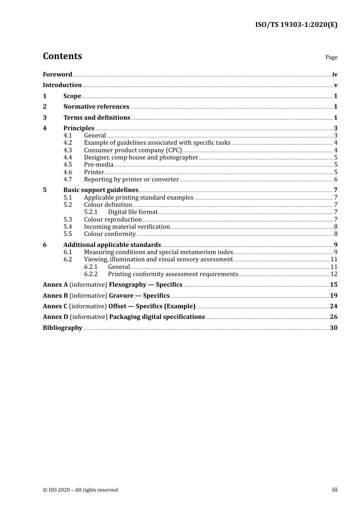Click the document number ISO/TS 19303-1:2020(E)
coord(296,25)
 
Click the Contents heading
coord(62,56)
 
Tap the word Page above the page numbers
coord(331,57)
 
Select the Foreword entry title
coord(57,75)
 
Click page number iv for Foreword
coord(335,75)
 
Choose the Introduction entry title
coord(62,85)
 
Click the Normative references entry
coord(96,107)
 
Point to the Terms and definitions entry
coord(97,118)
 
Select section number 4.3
coord(67,150)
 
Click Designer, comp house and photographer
coord(141,158)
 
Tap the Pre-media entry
coord(99,165)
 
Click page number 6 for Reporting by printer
coord(336,180)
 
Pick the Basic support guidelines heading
coord(101,190)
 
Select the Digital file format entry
coord(133,212)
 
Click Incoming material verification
coord(127,227)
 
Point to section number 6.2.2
coord(91,274)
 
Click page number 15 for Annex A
coord(333,285)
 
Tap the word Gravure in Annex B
coord(121,296)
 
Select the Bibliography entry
coord(63,328)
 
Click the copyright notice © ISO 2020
coord(80,490)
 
